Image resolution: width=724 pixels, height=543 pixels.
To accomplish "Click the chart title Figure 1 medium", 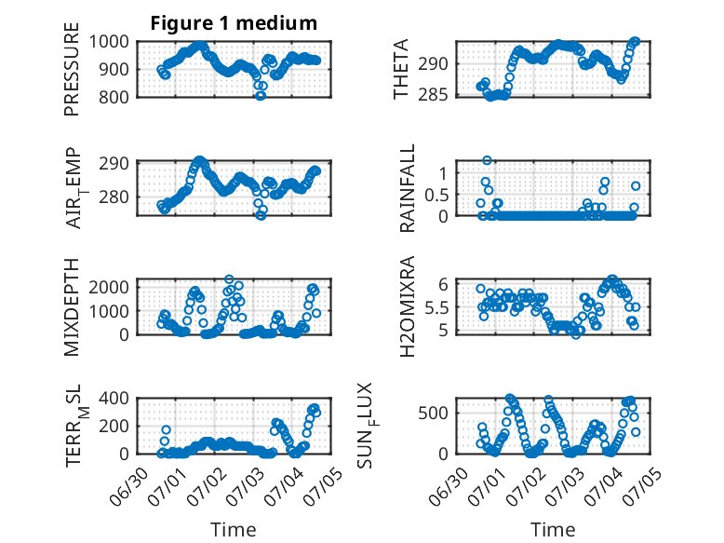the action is coord(234,23).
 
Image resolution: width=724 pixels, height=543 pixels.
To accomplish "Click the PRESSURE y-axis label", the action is coord(72,69).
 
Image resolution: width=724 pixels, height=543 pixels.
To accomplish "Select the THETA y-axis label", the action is coord(401,69).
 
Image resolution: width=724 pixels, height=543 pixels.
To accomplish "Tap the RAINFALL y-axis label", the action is coord(408,188).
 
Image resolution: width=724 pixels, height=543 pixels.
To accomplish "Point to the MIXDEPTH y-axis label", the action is coord(72,307).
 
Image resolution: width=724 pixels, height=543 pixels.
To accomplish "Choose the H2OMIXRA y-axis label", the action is coord(408,306).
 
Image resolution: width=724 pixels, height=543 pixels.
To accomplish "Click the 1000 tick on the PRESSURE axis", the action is coord(109,42).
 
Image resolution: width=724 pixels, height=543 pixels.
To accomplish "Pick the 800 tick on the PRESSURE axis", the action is coord(114,97).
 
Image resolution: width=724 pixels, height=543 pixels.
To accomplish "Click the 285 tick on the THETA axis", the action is coord(433,95).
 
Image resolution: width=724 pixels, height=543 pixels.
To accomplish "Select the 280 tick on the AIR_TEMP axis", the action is coord(114,197).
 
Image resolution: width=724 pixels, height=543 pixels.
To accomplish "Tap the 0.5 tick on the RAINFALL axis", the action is coord(436,195).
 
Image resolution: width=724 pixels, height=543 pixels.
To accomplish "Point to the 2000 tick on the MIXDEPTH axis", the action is coord(109,287).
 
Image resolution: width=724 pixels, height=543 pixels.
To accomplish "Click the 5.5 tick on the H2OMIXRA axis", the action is coord(436,307).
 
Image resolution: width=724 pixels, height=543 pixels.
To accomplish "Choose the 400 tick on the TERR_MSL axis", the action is coord(114,398).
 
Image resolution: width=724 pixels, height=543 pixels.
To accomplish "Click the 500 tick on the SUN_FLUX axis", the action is coord(433,413).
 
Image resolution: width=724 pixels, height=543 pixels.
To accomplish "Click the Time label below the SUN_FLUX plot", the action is coord(553,530).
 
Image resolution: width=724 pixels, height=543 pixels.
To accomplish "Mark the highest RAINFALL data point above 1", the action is coord(487,160).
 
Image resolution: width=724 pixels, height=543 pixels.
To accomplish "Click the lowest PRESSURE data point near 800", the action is coord(261,96).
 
